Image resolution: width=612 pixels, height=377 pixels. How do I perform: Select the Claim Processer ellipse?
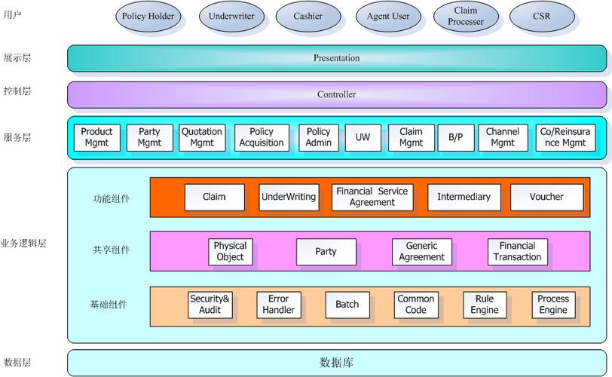tap(466, 16)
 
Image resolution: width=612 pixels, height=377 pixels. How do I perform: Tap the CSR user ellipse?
tap(542, 16)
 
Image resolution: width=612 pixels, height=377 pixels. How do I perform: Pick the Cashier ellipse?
tap(308, 16)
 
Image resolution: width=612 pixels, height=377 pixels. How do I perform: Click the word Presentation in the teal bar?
tap(336, 58)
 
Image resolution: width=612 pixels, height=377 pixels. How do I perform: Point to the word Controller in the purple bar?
tap(336, 94)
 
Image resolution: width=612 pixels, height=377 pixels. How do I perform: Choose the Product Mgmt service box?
tap(96, 137)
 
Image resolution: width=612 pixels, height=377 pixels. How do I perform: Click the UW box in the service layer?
tap(363, 137)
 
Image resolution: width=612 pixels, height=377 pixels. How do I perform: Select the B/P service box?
tap(456, 137)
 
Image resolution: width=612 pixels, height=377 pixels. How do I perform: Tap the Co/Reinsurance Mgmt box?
tap(565, 137)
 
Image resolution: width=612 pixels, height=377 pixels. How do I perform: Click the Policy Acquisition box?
tap(262, 137)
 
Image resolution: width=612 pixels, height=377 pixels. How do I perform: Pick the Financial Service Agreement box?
tap(372, 197)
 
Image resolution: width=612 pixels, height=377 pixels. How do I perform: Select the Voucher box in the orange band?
tap(546, 197)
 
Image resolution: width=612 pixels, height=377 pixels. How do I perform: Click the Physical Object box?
tap(230, 251)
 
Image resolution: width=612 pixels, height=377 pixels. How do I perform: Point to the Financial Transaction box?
tap(517, 251)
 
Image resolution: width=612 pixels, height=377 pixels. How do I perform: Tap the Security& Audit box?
tap(210, 305)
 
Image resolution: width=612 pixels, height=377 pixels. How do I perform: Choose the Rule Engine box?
tap(485, 305)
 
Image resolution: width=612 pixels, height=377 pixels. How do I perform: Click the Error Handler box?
tap(278, 305)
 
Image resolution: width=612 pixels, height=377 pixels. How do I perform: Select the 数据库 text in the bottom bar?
tap(336, 363)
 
